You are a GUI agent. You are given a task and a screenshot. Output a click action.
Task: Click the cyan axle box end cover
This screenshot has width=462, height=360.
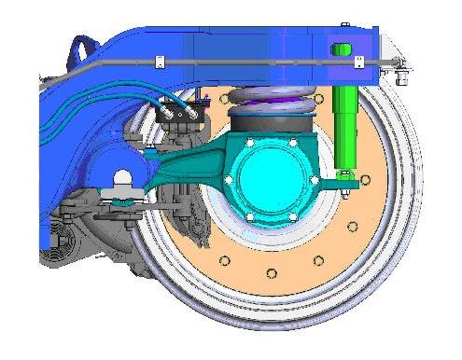[271, 181]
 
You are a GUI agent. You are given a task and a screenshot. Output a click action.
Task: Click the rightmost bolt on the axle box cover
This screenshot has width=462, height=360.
[314, 179]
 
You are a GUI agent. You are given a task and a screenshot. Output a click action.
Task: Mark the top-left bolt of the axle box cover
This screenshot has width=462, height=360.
[251, 143]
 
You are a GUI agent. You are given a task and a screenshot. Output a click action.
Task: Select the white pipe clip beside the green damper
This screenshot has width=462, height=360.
[359, 62]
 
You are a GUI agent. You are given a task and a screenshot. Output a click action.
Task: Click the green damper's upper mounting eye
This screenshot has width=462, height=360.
[343, 48]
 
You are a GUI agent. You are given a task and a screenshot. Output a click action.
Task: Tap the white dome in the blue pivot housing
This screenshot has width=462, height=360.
[121, 177]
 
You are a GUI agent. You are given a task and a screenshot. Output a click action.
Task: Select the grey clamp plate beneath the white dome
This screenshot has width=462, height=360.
[122, 194]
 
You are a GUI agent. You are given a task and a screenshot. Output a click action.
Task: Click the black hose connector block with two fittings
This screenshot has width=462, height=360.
[181, 111]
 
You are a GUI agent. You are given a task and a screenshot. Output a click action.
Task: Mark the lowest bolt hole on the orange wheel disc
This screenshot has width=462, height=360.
[272, 272]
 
